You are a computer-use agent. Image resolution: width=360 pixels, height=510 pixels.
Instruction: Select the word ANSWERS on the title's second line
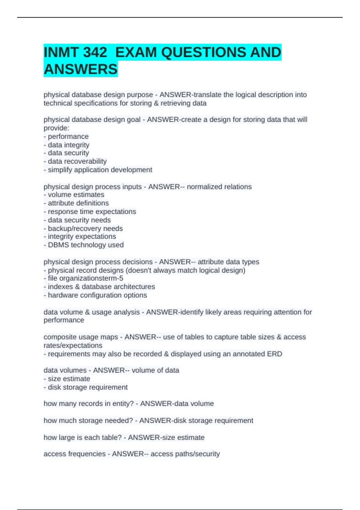(81, 69)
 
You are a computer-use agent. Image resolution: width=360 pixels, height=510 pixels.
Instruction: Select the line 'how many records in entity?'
(88, 404)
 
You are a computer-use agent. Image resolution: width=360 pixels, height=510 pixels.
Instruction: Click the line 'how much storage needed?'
(88, 421)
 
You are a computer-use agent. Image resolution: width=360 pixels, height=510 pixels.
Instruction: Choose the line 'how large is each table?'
(82, 437)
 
